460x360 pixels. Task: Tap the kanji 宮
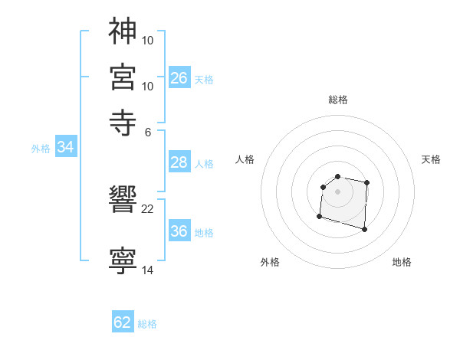pyautogui.click(x=123, y=75)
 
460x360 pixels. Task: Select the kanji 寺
pyautogui.click(x=123, y=120)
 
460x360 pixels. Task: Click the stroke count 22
pyautogui.click(x=148, y=208)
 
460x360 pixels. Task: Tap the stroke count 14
pyautogui.click(x=148, y=270)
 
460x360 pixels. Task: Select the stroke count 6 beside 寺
pyautogui.click(x=148, y=131)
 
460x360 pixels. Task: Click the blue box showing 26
pyautogui.click(x=179, y=77)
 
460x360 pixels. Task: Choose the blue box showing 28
pyautogui.click(x=179, y=162)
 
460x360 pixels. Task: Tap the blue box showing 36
pyautogui.click(x=179, y=231)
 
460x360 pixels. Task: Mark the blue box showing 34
pyautogui.click(x=65, y=148)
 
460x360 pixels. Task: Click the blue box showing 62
pyautogui.click(x=123, y=322)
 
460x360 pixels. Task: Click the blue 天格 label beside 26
pyautogui.click(x=204, y=79)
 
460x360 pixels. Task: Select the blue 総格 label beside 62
pyautogui.click(x=147, y=324)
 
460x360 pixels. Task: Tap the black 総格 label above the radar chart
pyautogui.click(x=338, y=100)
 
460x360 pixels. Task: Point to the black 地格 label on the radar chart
pyautogui.click(x=402, y=262)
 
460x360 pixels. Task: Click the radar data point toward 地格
pyautogui.click(x=364, y=229)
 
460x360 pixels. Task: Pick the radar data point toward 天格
pyautogui.click(x=367, y=182)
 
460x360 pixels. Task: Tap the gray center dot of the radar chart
pyautogui.click(x=338, y=191)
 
